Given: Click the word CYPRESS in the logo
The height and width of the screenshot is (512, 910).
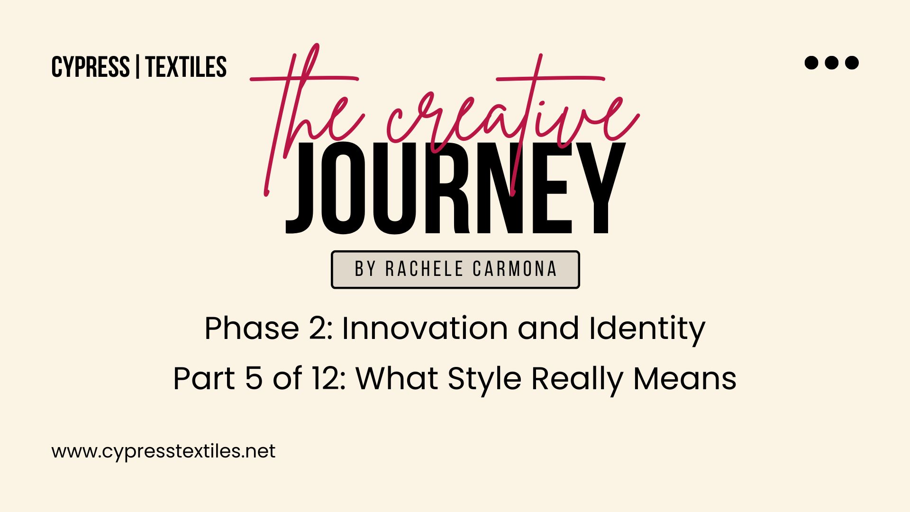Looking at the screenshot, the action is [91, 67].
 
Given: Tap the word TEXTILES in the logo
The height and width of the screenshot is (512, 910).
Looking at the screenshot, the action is [186, 67].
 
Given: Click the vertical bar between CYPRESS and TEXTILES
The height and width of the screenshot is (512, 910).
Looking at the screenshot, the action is [137, 67].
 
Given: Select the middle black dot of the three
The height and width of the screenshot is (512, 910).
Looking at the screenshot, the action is [831, 63].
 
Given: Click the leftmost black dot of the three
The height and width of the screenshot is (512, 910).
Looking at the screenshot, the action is [811, 63].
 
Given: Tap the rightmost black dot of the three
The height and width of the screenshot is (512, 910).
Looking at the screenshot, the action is [852, 63].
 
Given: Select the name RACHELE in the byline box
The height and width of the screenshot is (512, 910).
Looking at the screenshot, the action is [424, 269].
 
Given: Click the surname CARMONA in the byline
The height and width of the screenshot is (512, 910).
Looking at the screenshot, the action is [515, 269].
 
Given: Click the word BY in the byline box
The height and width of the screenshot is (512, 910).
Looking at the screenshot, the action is [365, 269].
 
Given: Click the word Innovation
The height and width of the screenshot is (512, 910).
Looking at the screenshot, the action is [425, 328].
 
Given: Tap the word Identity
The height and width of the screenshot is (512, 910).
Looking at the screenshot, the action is [647, 330].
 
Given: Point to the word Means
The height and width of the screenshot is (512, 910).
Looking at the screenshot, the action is [685, 378].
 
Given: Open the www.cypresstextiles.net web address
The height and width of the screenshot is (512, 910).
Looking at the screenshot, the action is [164, 451].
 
